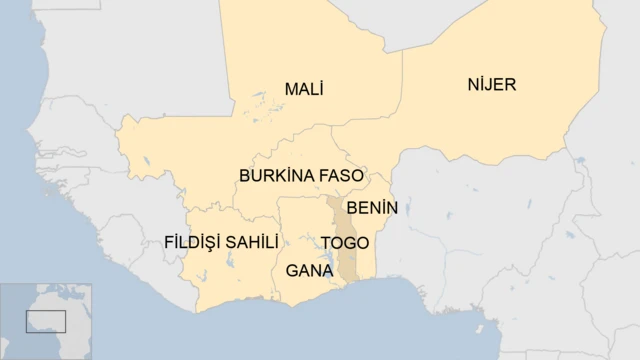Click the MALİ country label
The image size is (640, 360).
(303, 89)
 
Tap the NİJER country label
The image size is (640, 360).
(491, 84)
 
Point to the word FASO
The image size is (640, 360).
(341, 175)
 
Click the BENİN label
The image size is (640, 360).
(371, 208)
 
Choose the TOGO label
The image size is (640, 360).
(344, 243)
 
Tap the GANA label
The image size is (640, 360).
(308, 270)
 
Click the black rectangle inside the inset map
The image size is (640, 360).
(45, 321)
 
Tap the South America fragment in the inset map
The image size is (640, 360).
(5, 340)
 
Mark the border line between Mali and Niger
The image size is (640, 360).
(402, 90)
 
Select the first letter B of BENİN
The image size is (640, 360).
(351, 208)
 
